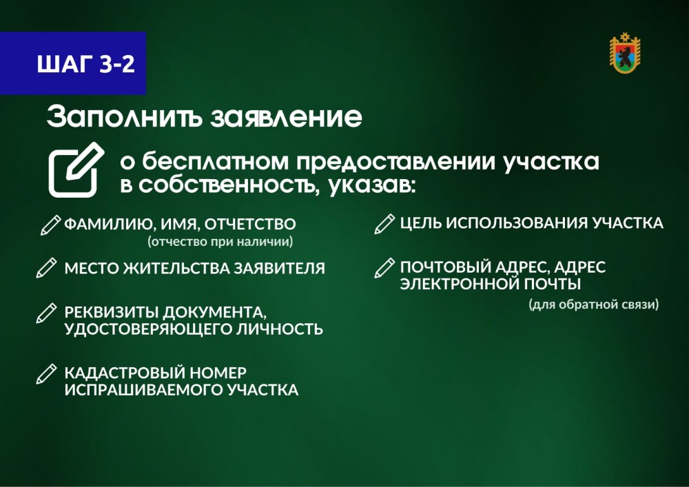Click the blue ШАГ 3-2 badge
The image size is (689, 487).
click(x=73, y=63)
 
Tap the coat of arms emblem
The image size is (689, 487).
click(x=625, y=53)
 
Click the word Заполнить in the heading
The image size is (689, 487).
click(x=124, y=117)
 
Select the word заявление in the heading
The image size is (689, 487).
click(x=286, y=117)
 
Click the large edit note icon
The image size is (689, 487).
click(x=76, y=169)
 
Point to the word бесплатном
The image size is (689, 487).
click(x=215, y=161)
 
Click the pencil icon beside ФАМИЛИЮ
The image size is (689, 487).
click(x=50, y=225)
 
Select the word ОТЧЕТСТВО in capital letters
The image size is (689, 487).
click(x=250, y=224)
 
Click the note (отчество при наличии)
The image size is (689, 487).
click(x=220, y=242)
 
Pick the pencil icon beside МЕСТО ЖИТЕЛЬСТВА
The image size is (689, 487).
click(x=47, y=268)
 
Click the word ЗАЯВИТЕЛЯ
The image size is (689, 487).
click(x=279, y=269)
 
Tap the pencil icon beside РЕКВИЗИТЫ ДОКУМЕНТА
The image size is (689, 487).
click(x=47, y=313)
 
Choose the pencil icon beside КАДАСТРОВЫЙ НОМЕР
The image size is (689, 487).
click(x=47, y=374)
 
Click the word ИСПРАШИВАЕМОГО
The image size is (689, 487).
click(x=144, y=390)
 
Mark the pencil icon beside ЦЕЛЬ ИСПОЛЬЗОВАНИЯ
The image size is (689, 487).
click(x=384, y=224)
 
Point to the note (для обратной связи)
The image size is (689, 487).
click(x=594, y=304)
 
